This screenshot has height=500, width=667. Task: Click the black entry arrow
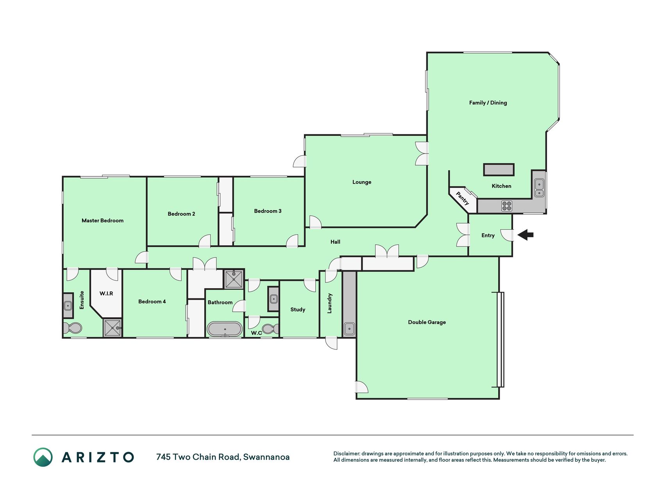[x=526, y=235]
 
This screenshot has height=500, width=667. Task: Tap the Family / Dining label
[x=488, y=103]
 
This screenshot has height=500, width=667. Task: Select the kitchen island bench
[x=499, y=170]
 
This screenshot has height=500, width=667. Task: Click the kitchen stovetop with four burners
[x=507, y=206]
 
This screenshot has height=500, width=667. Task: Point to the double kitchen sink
[x=539, y=188]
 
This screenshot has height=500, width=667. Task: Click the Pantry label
[x=463, y=198]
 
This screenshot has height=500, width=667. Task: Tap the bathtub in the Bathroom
[x=225, y=329]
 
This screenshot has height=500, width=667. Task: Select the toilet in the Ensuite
[x=73, y=328]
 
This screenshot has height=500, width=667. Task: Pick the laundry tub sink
[x=349, y=329]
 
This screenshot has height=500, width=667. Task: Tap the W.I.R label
[x=106, y=293]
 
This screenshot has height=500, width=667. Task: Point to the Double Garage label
[x=427, y=322]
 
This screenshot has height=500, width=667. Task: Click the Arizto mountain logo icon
[x=43, y=457]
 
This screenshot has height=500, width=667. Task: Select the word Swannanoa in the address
[x=266, y=457]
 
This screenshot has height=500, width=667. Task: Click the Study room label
[x=298, y=310]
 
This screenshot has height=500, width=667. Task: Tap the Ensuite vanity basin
[x=68, y=305]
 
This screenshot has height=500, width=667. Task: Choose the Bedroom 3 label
[x=268, y=211]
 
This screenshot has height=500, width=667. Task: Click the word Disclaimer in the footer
[x=346, y=454]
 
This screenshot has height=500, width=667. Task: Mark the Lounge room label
[x=362, y=182]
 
